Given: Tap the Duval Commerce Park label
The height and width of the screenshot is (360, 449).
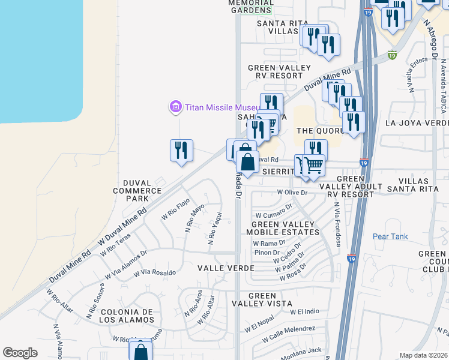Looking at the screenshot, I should tap(134, 190).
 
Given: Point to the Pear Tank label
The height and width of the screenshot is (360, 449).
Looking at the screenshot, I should tap(390, 236).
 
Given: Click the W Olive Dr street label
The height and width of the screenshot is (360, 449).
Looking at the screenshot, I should tap(292, 193).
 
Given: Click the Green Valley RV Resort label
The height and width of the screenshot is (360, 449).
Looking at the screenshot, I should tap(275, 71).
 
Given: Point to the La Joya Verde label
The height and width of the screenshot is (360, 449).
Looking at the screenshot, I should tap(417, 123).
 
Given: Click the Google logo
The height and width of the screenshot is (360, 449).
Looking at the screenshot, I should tap(20, 353).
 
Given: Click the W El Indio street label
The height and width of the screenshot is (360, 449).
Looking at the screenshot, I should tap(304, 312).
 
